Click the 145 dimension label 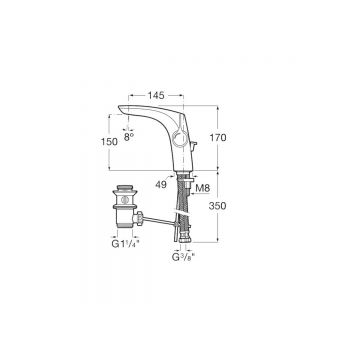pos(156,96)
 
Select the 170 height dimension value pos(217,137)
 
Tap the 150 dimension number pos(109,142)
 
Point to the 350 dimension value pos(217,206)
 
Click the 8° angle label pos(129,137)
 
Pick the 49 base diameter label pos(161,184)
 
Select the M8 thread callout pos(203,188)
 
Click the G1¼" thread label pos(125,244)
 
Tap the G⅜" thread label pos(183,257)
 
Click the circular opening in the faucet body pos(180,138)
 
